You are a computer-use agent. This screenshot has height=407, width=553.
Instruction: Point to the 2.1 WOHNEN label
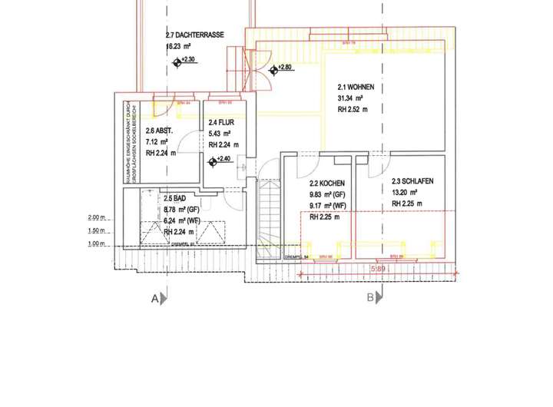click(x=355, y=87)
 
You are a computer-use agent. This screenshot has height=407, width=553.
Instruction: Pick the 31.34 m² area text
click(x=350, y=98)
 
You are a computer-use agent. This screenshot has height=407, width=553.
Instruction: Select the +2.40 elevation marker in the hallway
click(x=214, y=160)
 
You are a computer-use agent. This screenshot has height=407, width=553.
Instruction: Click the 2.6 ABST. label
click(x=159, y=131)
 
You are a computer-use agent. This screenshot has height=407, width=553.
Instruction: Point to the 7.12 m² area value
click(x=157, y=141)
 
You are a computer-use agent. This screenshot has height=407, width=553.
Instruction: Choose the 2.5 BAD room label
click(x=174, y=197)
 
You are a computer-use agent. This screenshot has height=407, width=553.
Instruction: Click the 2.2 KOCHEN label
click(x=327, y=184)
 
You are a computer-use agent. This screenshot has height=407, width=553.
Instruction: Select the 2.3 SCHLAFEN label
click(x=412, y=180)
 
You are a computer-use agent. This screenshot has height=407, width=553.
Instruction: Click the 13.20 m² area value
click(x=404, y=192)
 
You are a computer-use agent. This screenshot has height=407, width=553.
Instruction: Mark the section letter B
click(x=369, y=296)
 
